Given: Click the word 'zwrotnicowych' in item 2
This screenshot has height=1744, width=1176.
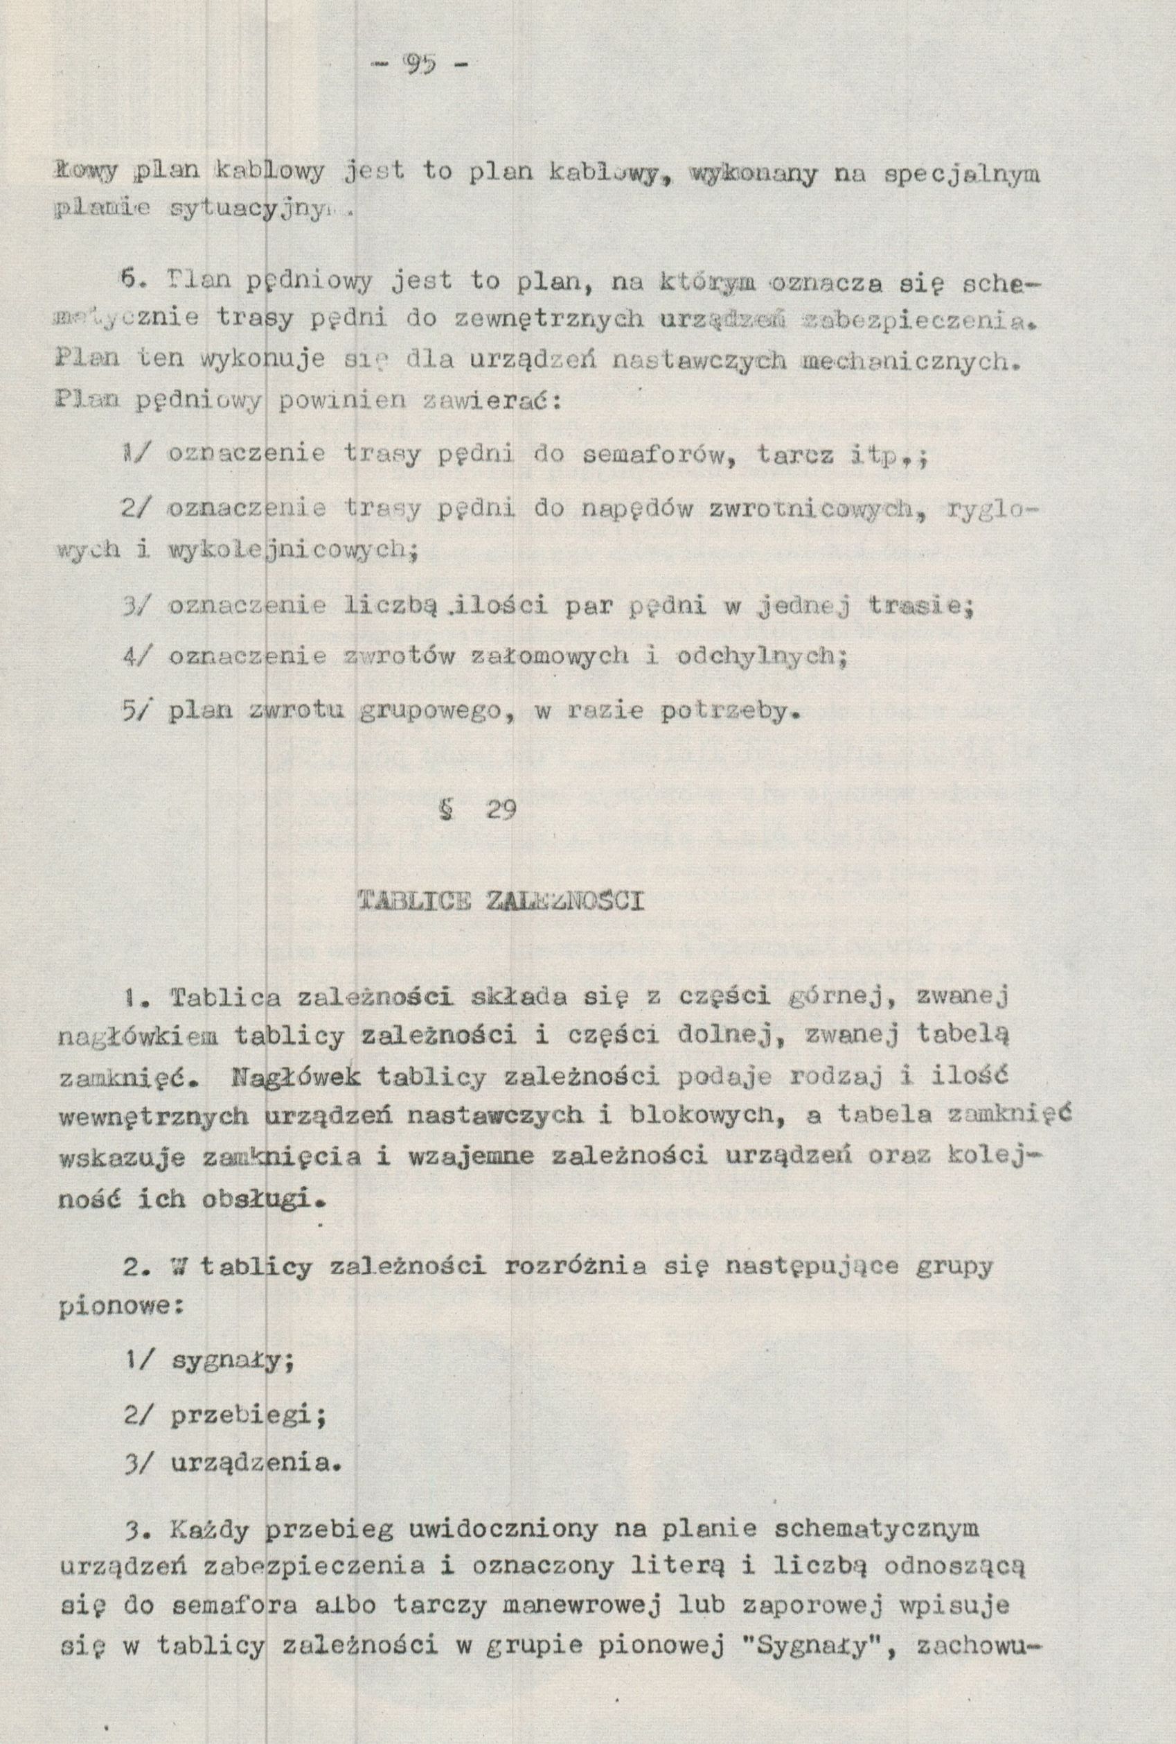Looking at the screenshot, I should point(812,510).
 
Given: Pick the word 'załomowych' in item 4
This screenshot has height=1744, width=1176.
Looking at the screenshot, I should point(539,656).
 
